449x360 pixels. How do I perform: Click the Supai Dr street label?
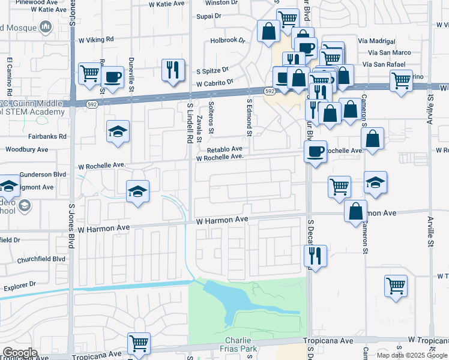pos(209,16)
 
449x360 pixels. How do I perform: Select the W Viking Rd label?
pos(96,40)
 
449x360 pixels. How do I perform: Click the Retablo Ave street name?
pos(224,149)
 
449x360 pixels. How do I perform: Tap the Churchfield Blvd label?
pos(42,259)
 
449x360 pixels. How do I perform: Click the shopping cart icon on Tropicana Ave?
pos(139,343)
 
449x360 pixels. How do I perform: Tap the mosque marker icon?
pos(46,27)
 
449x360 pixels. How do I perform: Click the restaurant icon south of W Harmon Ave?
pos(315,255)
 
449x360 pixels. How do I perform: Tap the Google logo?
pos(19,352)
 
